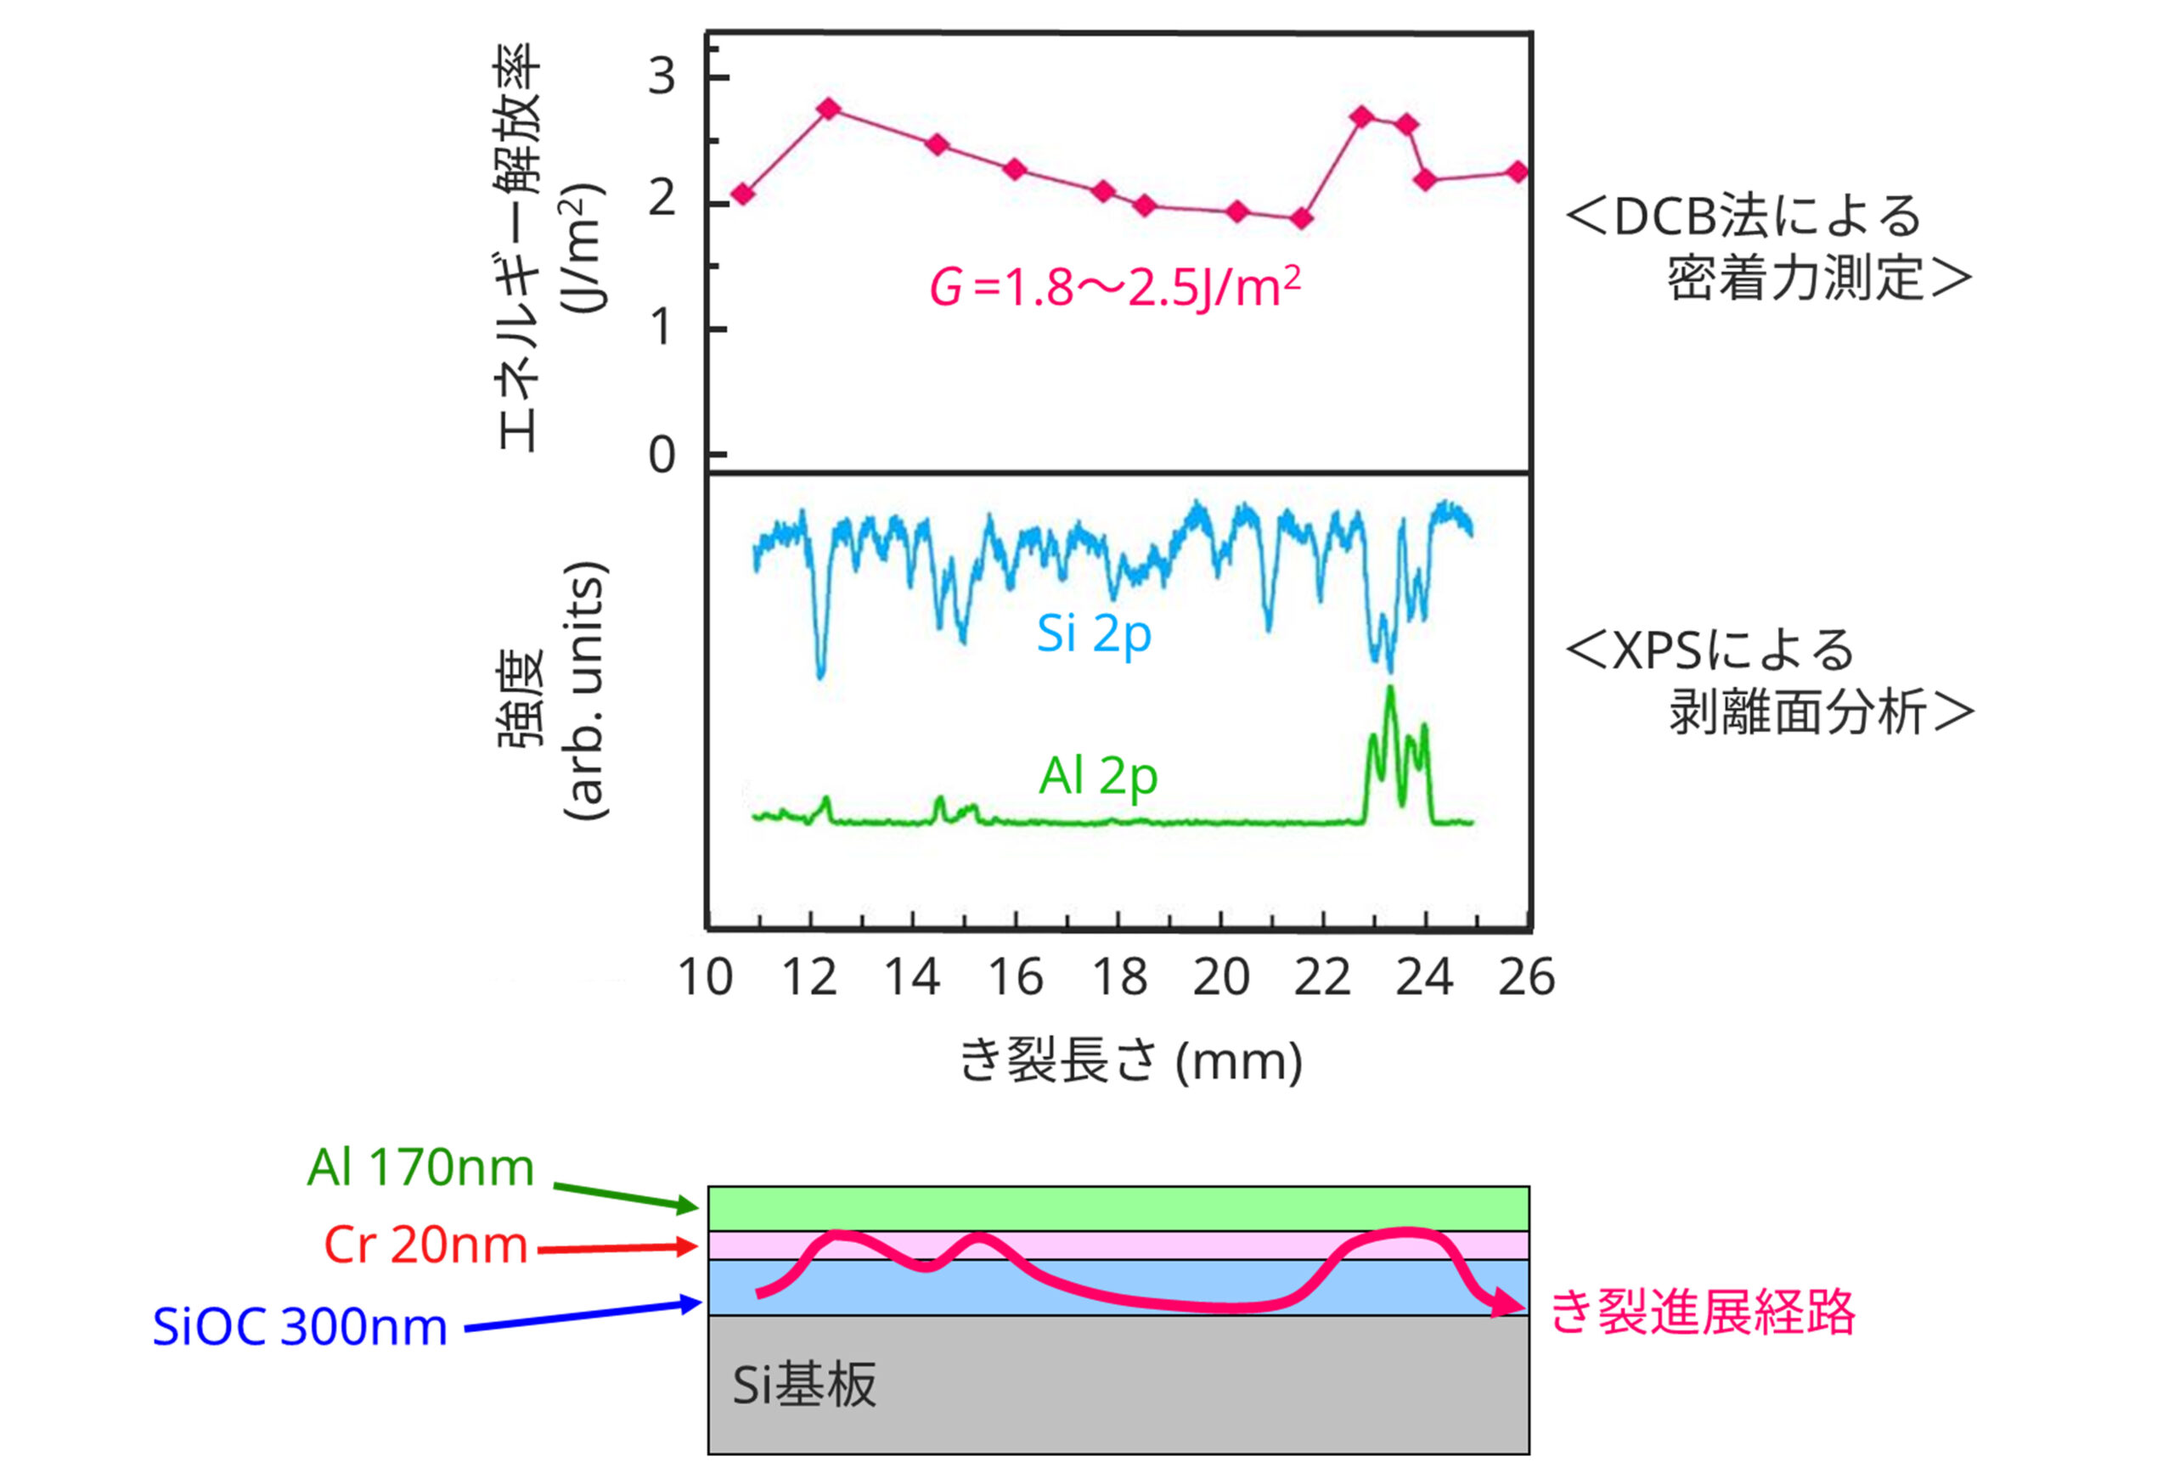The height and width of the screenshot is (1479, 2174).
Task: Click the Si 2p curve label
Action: click(1094, 635)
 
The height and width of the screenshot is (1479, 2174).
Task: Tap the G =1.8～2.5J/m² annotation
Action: click(1114, 286)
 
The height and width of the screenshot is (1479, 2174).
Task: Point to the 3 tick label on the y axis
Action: click(662, 76)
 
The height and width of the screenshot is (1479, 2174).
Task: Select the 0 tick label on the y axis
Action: click(662, 456)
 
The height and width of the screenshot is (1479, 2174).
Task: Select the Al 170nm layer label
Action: click(421, 1168)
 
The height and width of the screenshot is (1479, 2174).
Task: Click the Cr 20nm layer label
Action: click(425, 1246)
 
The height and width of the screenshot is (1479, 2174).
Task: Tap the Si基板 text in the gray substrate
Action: click(803, 1386)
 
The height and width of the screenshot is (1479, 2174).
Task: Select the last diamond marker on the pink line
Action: click(1518, 172)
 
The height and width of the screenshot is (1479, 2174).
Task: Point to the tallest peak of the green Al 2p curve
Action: click(1390, 690)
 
